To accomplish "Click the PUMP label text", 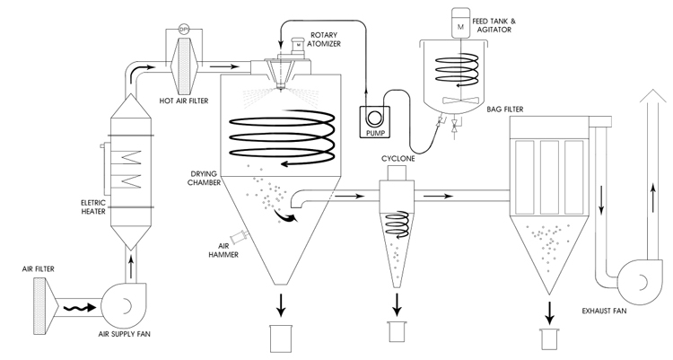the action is point(375,133).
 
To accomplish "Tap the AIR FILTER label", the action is point(39,269).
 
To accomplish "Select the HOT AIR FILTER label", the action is point(184,101).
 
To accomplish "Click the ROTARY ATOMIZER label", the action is point(324,40).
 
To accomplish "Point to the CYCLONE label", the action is point(398,159).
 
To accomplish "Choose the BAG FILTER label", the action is point(504,110).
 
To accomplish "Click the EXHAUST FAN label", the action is point(604,311).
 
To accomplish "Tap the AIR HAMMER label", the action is point(223,250).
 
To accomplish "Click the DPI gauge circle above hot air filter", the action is point(184,30).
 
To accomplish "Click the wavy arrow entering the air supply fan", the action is point(79,307).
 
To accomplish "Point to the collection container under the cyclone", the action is point(397,331).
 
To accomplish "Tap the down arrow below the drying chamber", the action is point(281,305).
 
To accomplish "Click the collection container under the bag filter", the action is point(550,339).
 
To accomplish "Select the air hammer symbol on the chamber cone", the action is point(240,236).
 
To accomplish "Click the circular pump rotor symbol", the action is point(375,118).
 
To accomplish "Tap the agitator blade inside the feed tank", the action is point(459,100).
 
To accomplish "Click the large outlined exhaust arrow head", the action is point(653,96).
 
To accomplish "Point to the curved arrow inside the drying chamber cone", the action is point(285,216).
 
